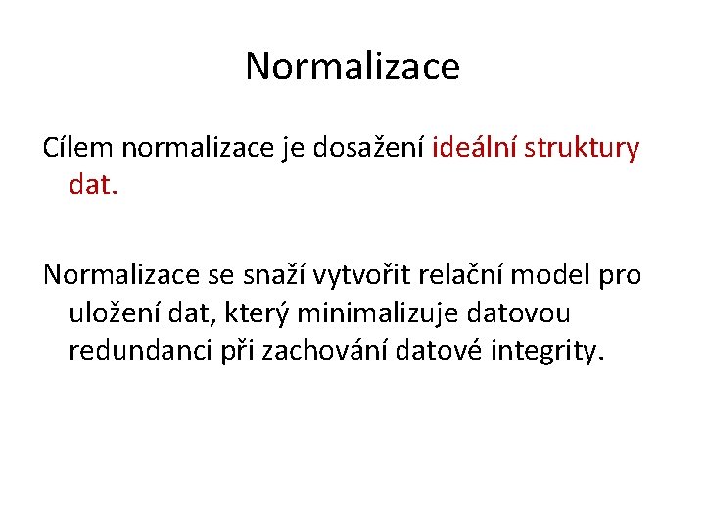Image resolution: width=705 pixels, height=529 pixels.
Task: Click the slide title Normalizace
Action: pos(352,67)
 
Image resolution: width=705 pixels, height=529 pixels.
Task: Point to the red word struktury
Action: pos(583,150)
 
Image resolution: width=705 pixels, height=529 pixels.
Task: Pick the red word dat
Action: pos(93,184)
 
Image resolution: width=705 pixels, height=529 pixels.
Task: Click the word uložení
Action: pos(110,313)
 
